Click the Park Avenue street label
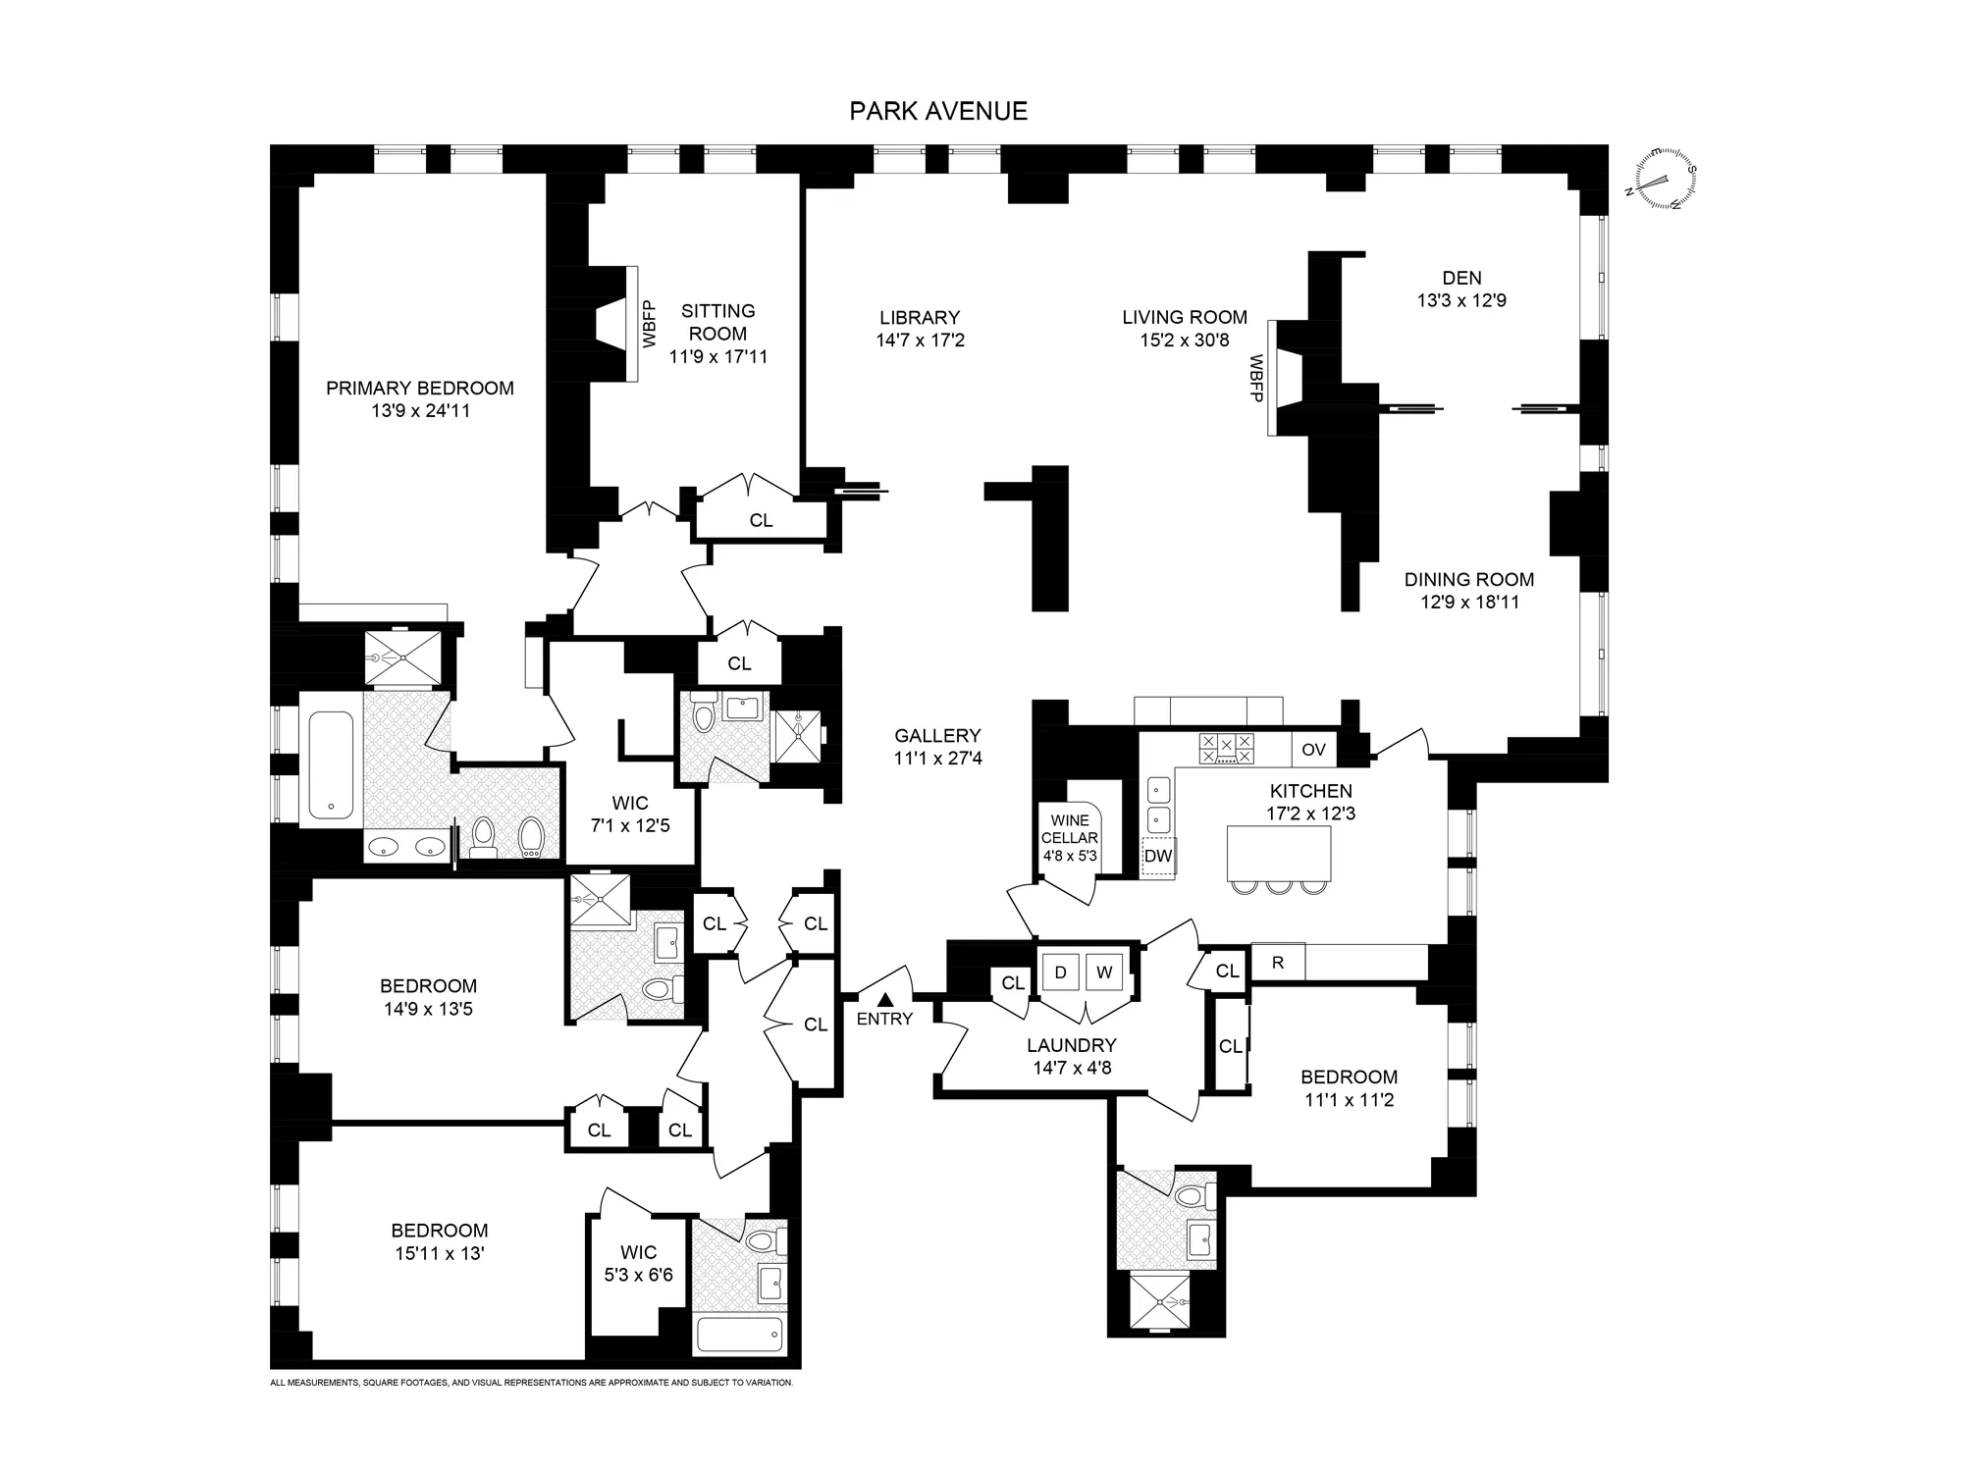938,111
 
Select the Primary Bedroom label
419,389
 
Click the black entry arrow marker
884,999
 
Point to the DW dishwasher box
1158,856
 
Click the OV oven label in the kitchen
1313,750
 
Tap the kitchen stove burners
1226,749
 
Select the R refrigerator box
1278,963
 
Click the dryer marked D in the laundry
1060,973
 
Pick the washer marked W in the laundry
1105,973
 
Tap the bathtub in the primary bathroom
331,765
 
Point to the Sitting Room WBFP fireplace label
649,324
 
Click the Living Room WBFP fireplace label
1255,379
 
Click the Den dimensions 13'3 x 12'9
1460,301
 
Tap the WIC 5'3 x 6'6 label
638,1264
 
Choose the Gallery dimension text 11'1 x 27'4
937,759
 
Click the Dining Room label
1468,580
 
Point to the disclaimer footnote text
531,1383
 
